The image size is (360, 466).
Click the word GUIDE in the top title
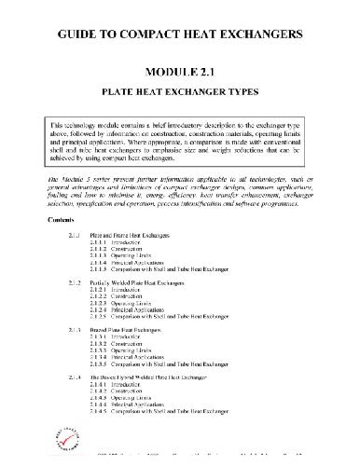tap(78, 34)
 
